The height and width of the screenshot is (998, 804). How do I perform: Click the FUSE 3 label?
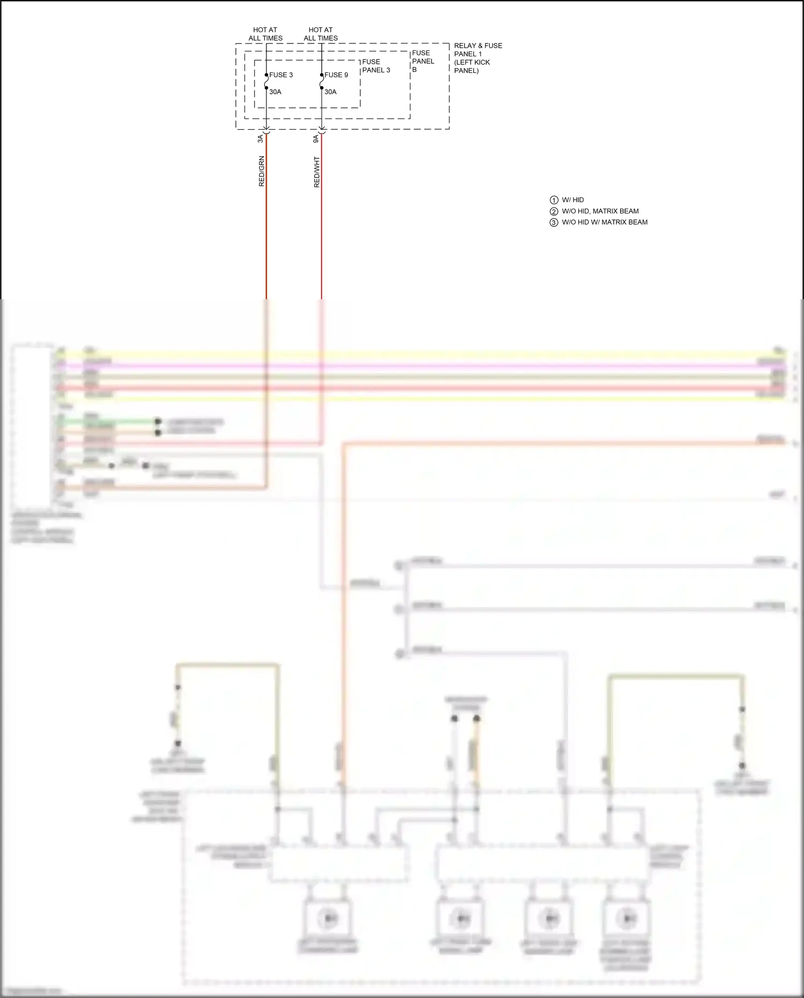tap(281, 75)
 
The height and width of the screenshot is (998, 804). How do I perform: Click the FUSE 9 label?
tap(336, 75)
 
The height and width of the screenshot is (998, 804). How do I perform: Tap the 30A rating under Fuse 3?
tap(275, 92)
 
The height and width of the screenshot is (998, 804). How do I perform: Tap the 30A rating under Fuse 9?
tap(330, 92)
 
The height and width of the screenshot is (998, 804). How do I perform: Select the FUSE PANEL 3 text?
tap(376, 66)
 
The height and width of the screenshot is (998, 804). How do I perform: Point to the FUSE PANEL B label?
tap(422, 61)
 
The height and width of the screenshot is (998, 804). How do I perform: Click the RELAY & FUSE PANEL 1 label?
tap(477, 58)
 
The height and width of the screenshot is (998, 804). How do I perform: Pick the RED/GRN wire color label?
tap(262, 171)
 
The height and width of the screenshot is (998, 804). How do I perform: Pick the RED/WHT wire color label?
tap(317, 172)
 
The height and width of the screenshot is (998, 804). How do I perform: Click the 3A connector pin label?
tap(260, 138)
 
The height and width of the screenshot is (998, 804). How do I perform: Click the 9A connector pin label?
tap(316, 138)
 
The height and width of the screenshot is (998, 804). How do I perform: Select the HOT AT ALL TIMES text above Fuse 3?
tap(265, 34)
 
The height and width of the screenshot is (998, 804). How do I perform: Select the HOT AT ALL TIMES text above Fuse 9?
tap(321, 34)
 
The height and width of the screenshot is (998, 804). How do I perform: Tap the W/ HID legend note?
tap(572, 200)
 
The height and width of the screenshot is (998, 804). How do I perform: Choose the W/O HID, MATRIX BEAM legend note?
tap(600, 211)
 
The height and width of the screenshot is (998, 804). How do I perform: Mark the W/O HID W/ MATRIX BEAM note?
tap(604, 223)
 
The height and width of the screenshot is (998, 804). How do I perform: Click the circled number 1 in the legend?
tap(554, 200)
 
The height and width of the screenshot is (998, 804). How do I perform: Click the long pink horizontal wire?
tap(429, 365)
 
